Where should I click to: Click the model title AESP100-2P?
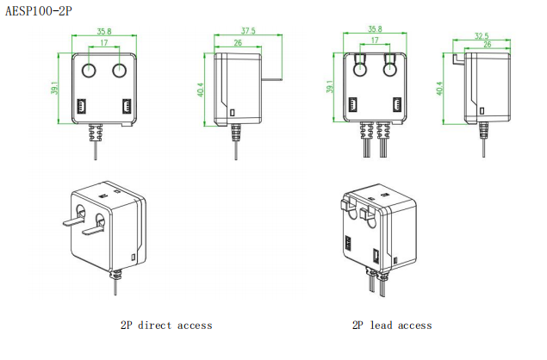click(39, 11)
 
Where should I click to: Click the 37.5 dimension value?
click(248, 31)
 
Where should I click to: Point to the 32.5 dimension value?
click(482, 35)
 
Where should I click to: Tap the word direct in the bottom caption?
click(155, 325)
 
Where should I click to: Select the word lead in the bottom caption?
click(381, 325)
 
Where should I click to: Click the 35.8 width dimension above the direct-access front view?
click(104, 31)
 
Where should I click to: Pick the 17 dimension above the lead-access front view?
click(375, 40)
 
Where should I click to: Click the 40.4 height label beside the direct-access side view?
click(200, 90)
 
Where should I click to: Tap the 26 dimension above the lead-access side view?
click(488, 44)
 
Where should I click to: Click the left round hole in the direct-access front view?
click(89, 71)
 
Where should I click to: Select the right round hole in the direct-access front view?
click(120, 71)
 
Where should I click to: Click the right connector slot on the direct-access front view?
click(127, 107)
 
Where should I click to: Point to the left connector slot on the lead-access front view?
click(352, 104)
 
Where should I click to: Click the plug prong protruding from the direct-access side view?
click(271, 79)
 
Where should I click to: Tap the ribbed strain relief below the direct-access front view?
click(96, 133)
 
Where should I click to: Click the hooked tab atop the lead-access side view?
click(458, 59)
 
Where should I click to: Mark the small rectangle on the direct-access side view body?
click(233, 112)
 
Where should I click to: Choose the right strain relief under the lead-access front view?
click(383, 130)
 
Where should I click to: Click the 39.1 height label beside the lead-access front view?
click(330, 87)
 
